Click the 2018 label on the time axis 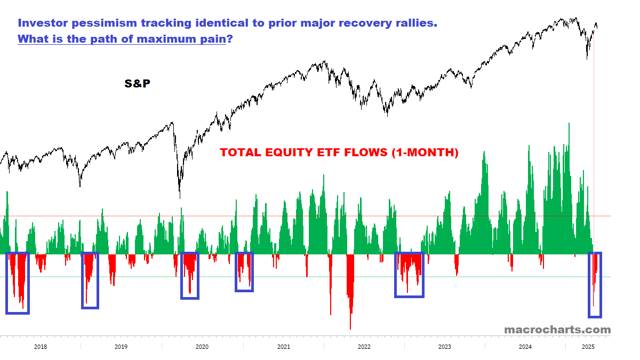(40, 347)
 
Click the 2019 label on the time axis (121, 347)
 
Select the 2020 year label (202, 347)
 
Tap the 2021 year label (283, 347)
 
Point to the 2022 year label (364, 347)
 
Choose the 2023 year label (444, 347)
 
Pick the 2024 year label (525, 347)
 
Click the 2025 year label (588, 347)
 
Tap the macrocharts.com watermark (557, 330)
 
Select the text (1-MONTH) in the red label (425, 153)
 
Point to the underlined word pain (212, 39)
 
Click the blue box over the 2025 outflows (595, 285)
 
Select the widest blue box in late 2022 (409, 275)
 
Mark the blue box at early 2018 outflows (17, 283)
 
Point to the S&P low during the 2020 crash (179, 196)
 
